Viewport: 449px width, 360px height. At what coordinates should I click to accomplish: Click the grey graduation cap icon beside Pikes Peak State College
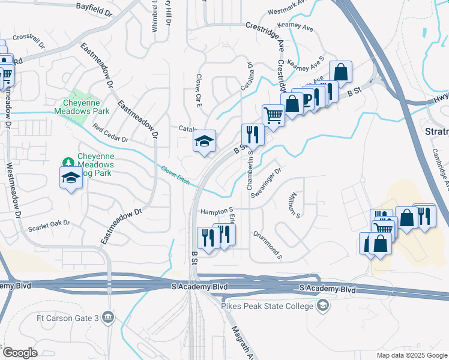[323, 306]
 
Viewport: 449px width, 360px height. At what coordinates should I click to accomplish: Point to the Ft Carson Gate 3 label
[66, 317]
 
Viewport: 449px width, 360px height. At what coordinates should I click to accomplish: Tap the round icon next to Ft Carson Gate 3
[108, 316]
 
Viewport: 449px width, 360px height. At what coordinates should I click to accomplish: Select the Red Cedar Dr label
[110, 135]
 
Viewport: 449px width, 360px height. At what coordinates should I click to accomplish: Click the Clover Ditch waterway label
[175, 176]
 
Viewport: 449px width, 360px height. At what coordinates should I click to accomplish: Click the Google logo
[20, 353]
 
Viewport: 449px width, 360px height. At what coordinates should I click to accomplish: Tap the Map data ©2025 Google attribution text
[411, 355]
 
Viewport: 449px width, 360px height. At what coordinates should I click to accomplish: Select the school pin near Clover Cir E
[204, 142]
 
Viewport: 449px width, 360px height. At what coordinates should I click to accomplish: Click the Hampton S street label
[217, 211]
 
